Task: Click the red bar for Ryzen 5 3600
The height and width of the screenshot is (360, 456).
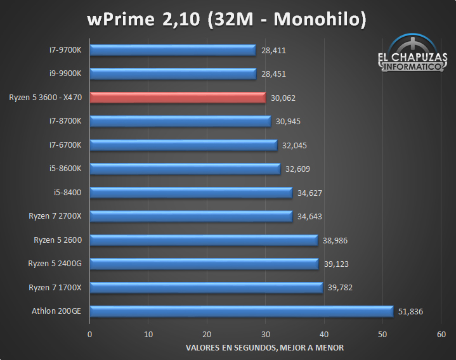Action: [178, 98]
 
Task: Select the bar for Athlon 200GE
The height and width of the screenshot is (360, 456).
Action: [241, 311]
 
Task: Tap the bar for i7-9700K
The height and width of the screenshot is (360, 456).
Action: [173, 50]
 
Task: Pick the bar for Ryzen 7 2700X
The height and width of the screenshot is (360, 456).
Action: [191, 216]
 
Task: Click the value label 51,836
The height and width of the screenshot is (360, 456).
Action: [410, 311]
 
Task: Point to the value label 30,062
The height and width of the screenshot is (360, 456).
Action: [283, 98]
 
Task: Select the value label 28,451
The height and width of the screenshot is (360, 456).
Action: [273, 74]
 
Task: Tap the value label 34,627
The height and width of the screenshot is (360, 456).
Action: [309, 193]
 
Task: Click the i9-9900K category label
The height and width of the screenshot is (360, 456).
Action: [70, 74]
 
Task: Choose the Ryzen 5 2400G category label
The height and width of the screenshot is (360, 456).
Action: [58, 264]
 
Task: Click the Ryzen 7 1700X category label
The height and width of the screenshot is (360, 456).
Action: [59, 287]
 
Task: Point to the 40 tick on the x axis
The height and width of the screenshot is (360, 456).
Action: [324, 334]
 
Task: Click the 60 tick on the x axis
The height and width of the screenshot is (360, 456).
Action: [441, 334]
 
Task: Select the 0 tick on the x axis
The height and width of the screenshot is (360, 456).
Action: [90, 334]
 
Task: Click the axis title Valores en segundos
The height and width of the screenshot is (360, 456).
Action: [265, 347]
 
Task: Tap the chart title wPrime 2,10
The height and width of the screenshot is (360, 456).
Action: [227, 20]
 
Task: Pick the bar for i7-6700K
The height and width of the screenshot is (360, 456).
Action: [183, 145]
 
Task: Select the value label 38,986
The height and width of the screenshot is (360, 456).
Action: [334, 240]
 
